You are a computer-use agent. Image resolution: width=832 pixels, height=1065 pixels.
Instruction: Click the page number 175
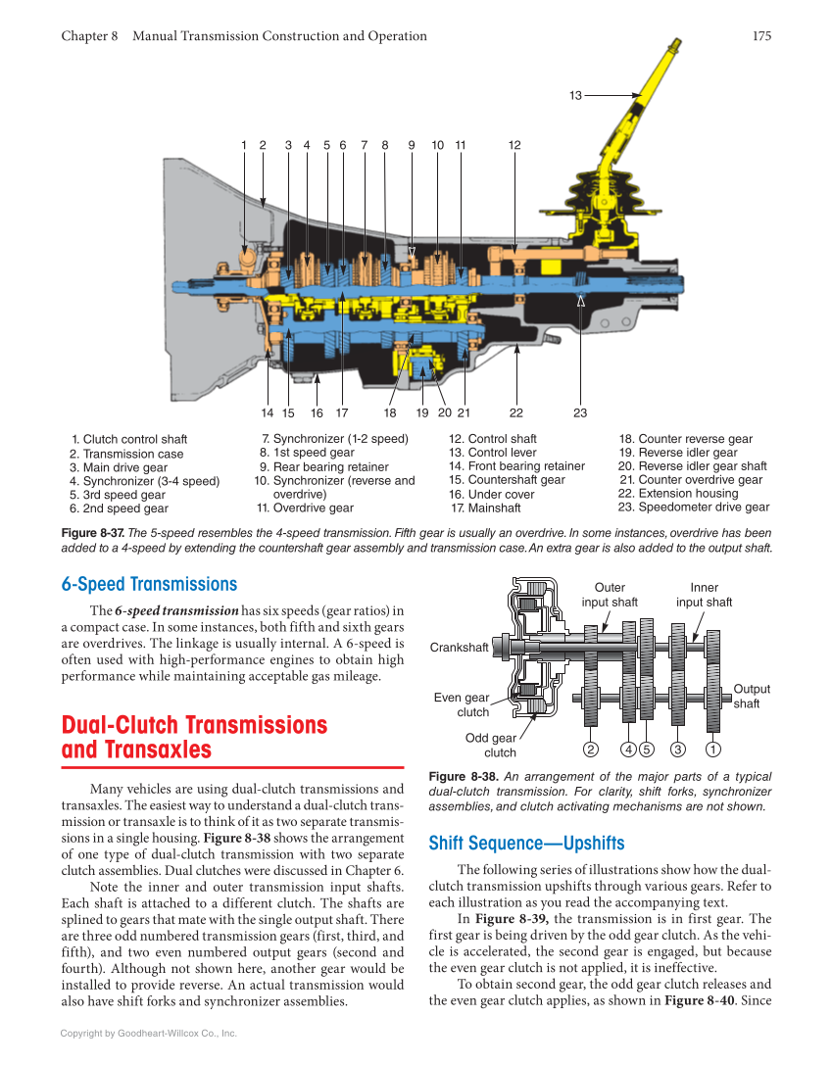click(x=761, y=36)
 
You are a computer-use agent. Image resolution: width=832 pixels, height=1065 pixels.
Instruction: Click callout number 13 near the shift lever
click(x=575, y=95)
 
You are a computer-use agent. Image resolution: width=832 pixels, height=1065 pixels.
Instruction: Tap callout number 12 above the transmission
click(x=514, y=145)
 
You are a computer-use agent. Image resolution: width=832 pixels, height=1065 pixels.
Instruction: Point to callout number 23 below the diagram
click(x=580, y=412)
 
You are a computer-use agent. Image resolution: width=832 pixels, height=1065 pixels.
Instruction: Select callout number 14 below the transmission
click(x=267, y=412)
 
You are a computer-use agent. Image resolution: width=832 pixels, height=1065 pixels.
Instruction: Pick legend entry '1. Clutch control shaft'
click(x=129, y=440)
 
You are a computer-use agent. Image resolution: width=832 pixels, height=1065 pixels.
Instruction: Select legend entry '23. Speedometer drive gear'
click(x=694, y=508)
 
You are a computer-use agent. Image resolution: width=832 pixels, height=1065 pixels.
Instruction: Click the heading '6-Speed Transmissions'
click(x=149, y=585)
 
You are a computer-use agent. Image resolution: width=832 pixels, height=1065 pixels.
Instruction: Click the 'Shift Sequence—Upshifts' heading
click(x=526, y=844)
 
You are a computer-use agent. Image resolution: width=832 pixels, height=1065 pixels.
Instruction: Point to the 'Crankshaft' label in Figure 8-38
click(x=459, y=648)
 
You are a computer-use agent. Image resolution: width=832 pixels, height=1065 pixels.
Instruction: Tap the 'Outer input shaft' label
click(x=610, y=595)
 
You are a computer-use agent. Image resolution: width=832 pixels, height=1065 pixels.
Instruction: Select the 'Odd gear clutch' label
click(x=491, y=746)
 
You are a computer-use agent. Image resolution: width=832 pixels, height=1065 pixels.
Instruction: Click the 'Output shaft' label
click(x=752, y=697)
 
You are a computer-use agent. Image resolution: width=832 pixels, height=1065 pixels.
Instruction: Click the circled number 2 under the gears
click(x=590, y=751)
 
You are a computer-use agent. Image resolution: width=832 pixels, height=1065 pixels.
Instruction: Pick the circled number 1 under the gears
click(x=713, y=751)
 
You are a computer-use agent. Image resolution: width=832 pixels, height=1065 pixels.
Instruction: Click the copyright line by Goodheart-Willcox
click(x=149, y=1033)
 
